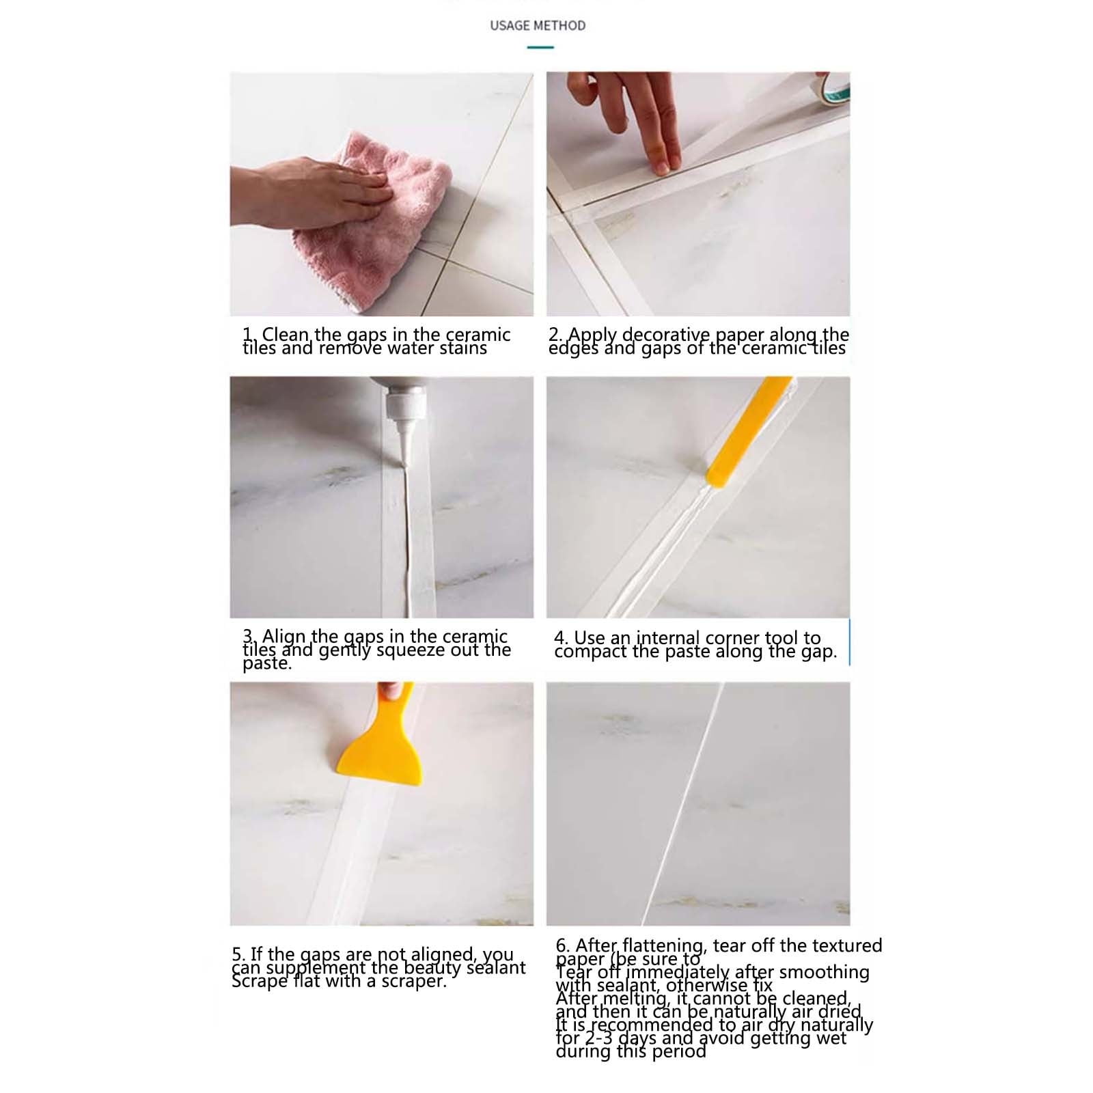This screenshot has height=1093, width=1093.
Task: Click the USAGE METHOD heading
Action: click(x=538, y=26)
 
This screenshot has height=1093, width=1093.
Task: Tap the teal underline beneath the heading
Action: click(x=540, y=47)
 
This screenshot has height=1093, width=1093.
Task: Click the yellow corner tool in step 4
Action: click(x=745, y=437)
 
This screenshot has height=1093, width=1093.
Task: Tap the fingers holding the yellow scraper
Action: click(x=391, y=690)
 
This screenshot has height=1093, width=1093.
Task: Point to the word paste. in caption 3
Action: click(x=267, y=664)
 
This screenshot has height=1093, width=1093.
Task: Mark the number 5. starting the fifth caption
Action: click(x=238, y=954)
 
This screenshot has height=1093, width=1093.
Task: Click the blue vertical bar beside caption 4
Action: click(x=849, y=642)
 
